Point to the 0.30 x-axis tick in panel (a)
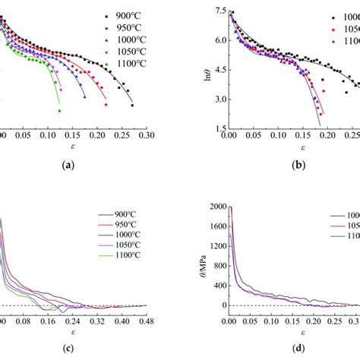pos(145,134)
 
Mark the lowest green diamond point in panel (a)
pos(59,111)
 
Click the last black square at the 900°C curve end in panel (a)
pos(132,105)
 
